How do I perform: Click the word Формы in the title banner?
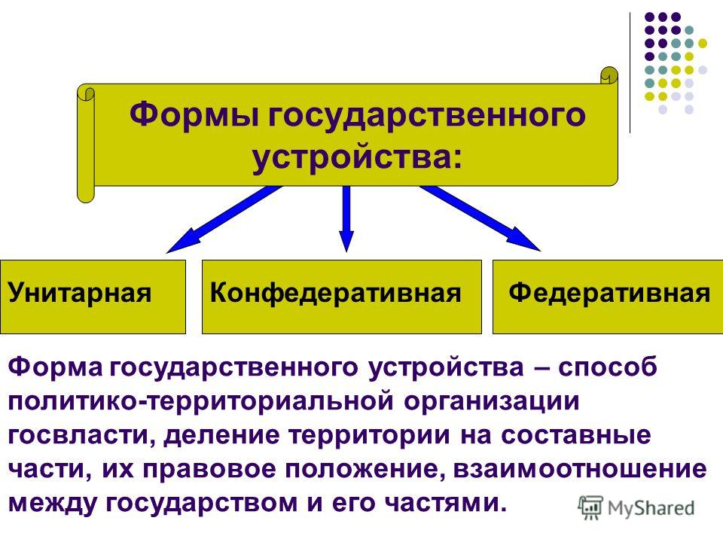[194, 114]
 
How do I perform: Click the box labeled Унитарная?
[93, 297]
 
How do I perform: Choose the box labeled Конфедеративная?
[342, 297]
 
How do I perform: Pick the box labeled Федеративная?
[608, 297]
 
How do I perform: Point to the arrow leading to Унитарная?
[224, 219]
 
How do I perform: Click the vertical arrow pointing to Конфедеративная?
[346, 218]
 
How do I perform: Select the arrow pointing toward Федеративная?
[480, 218]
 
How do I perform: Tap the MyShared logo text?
[651, 508]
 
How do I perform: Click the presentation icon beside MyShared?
[590, 507]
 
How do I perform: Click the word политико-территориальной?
[201, 402]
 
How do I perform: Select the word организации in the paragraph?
[492, 402]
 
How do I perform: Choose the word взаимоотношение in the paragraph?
[580, 470]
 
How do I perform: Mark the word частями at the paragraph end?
[443, 504]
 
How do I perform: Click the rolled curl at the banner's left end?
[86, 143]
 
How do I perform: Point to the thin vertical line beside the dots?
[630, 73]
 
